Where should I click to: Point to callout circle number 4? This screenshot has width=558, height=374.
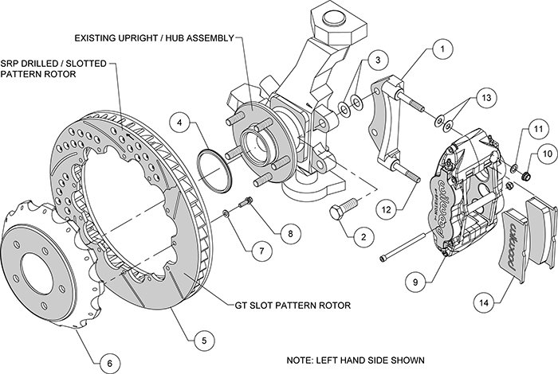[x=183, y=123]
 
